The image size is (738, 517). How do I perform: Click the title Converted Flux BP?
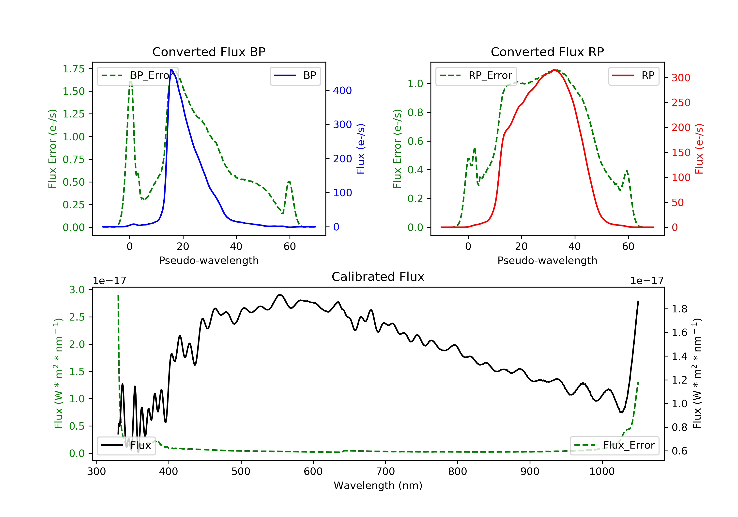tap(209, 52)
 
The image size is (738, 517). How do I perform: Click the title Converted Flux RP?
tap(547, 52)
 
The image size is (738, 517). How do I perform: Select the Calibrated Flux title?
tap(378, 277)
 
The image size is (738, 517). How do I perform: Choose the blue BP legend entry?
tap(295, 76)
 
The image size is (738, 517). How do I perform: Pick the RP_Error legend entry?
tap(476, 76)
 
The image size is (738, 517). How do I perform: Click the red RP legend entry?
tap(633, 76)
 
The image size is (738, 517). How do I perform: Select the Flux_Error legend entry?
tap(615, 445)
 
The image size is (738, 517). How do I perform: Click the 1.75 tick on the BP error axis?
tap(74, 69)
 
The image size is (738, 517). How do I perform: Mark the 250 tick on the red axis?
tap(681, 103)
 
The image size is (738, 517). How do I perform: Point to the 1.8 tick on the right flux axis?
tap(679, 309)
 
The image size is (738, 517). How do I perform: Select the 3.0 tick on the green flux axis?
tap(77, 290)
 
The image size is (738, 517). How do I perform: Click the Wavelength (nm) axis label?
tap(378, 485)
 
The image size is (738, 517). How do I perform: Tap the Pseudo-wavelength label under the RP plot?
tap(547, 260)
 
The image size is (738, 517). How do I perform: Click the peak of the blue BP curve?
tap(172, 70)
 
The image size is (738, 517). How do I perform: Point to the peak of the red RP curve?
tap(554, 70)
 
